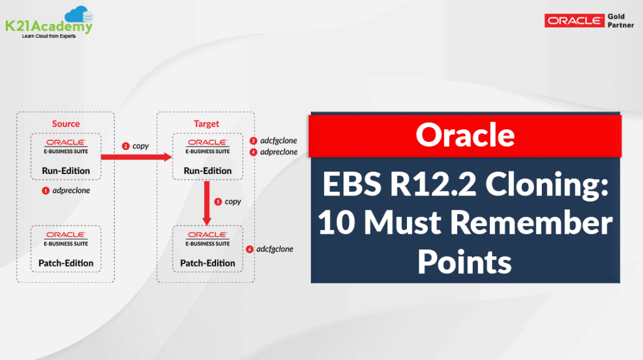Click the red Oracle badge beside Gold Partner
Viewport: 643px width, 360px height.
[575, 21]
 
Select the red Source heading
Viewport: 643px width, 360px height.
[66, 124]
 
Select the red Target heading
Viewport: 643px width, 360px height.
[207, 124]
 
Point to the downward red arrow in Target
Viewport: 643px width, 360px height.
[207, 200]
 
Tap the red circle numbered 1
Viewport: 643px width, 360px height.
[45, 190]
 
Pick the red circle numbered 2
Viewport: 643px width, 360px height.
[126, 146]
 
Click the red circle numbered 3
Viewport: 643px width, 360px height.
[254, 141]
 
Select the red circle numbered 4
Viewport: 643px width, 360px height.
[254, 151]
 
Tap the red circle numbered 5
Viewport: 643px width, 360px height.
[218, 202]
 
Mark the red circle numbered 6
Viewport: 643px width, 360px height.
[250, 249]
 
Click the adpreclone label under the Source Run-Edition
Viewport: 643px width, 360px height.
[71, 190]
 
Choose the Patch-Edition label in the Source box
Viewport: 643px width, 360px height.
[67, 263]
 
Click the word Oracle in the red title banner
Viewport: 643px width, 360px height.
[465, 134]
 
